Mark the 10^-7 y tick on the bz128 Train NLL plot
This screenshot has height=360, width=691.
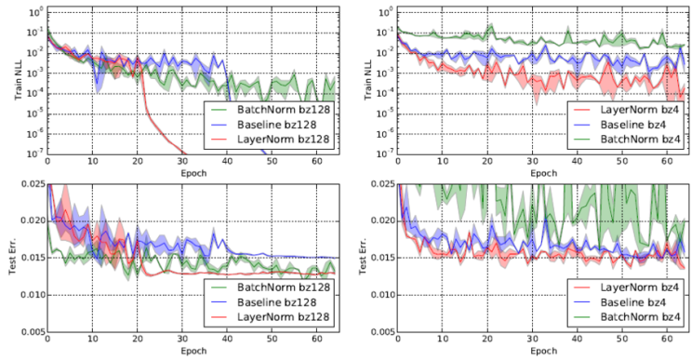tap(30, 153)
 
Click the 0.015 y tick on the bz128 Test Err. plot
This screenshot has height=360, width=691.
tap(28, 258)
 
